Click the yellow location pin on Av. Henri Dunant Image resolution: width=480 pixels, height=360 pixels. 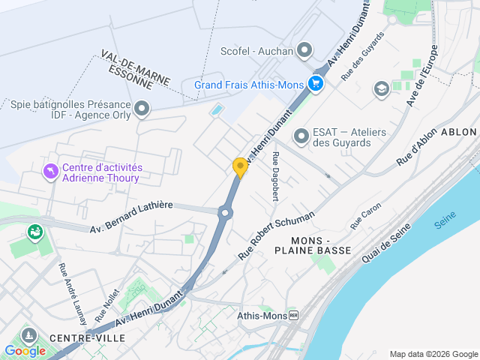(x=240, y=167)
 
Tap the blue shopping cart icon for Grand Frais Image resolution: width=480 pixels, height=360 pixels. (x=316, y=84)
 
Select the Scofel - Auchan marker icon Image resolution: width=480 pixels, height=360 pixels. (x=304, y=51)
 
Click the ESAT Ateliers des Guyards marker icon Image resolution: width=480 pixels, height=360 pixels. (x=301, y=136)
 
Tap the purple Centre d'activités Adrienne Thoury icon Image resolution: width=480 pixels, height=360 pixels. (x=50, y=172)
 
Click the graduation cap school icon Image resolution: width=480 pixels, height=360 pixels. (x=381, y=88)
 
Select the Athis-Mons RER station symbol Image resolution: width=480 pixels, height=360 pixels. (x=293, y=316)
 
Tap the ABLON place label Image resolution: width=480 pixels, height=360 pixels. (x=459, y=131)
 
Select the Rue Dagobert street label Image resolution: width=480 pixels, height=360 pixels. (x=276, y=176)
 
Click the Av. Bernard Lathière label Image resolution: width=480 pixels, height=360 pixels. (x=131, y=217)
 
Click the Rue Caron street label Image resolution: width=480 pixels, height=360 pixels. (x=366, y=217)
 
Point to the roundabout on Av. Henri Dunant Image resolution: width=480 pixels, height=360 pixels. (x=224, y=213)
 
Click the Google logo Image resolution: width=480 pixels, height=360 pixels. (x=25, y=351)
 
